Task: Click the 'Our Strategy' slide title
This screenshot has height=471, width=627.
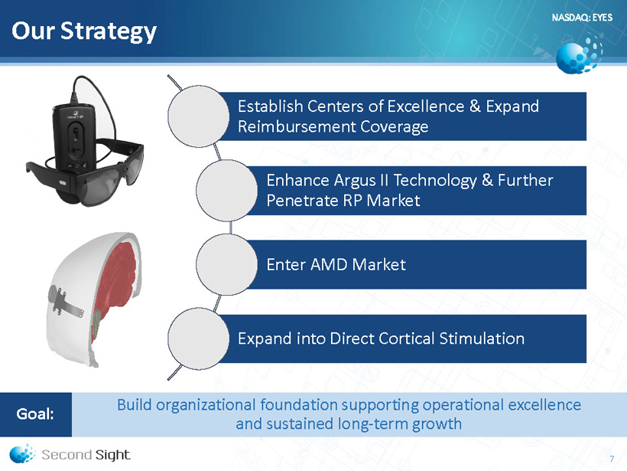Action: tap(84, 31)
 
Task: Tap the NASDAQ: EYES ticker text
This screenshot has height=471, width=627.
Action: tap(582, 18)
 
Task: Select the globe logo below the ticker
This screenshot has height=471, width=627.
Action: tap(579, 54)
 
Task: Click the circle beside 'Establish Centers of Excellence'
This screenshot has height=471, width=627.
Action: tap(198, 116)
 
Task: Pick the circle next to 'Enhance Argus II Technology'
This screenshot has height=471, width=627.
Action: tap(227, 190)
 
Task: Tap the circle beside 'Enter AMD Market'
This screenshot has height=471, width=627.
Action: tap(227, 264)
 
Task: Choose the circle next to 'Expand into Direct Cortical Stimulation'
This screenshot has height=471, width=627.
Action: tap(198, 339)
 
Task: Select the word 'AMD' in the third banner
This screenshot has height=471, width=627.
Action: tap(329, 265)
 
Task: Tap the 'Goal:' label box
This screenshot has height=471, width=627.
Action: tap(36, 414)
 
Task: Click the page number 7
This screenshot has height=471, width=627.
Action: tap(612, 459)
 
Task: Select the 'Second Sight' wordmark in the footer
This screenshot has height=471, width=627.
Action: tap(86, 455)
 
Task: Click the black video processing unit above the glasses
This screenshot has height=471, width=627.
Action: tap(73, 136)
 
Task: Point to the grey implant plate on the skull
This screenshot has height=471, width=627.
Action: tap(64, 301)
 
